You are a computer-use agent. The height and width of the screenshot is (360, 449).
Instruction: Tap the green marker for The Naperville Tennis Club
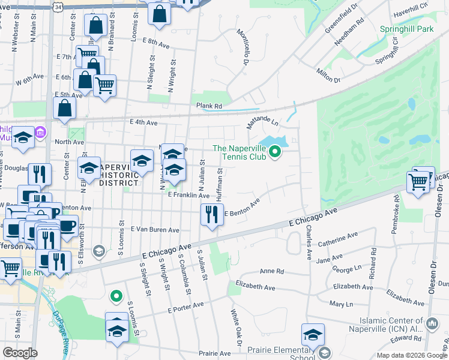point(275,152)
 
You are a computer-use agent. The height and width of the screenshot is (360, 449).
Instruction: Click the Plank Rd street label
point(209,106)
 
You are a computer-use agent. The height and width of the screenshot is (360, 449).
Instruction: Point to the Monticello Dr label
point(243,47)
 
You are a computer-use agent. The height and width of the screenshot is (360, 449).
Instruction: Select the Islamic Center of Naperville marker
point(432,325)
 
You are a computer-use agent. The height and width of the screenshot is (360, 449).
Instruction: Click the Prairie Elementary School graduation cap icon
point(313,335)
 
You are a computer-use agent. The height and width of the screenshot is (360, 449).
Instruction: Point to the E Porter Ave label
point(185,307)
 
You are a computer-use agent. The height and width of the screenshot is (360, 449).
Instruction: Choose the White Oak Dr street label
point(236,329)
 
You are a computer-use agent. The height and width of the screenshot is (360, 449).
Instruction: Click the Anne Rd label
point(271,271)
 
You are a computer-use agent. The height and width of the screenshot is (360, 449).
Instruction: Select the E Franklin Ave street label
point(188,195)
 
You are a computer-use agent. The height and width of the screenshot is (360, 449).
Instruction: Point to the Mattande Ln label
point(262,123)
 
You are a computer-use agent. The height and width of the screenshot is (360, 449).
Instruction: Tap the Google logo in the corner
point(20,353)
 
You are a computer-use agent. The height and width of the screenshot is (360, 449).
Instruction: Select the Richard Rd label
point(374,265)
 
